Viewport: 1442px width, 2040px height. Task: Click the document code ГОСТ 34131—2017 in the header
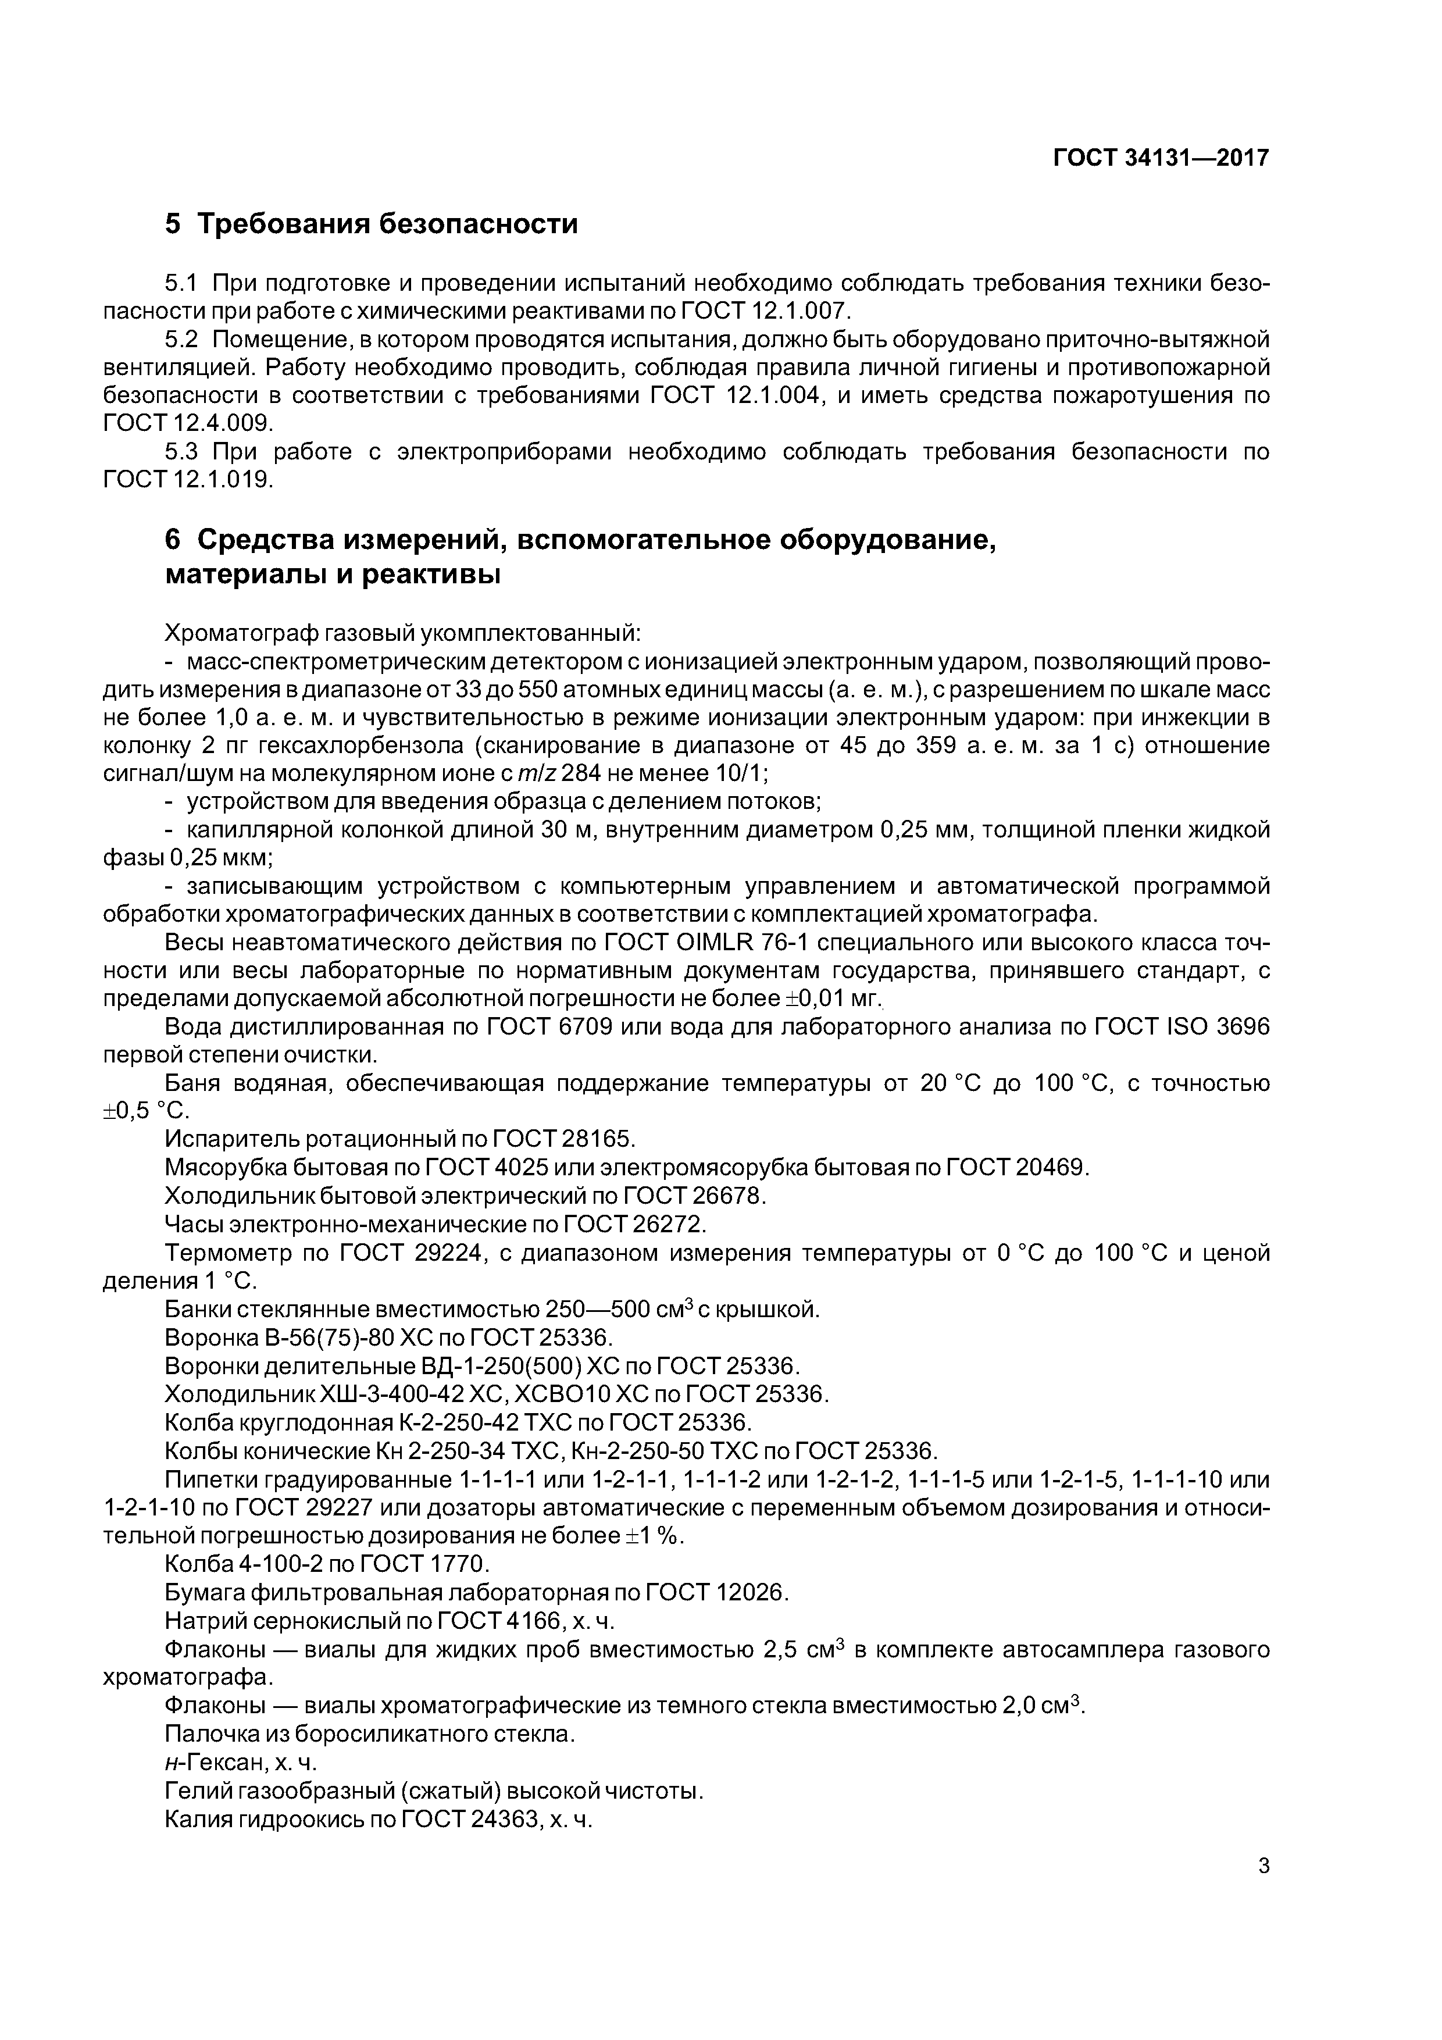click(x=1161, y=158)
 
